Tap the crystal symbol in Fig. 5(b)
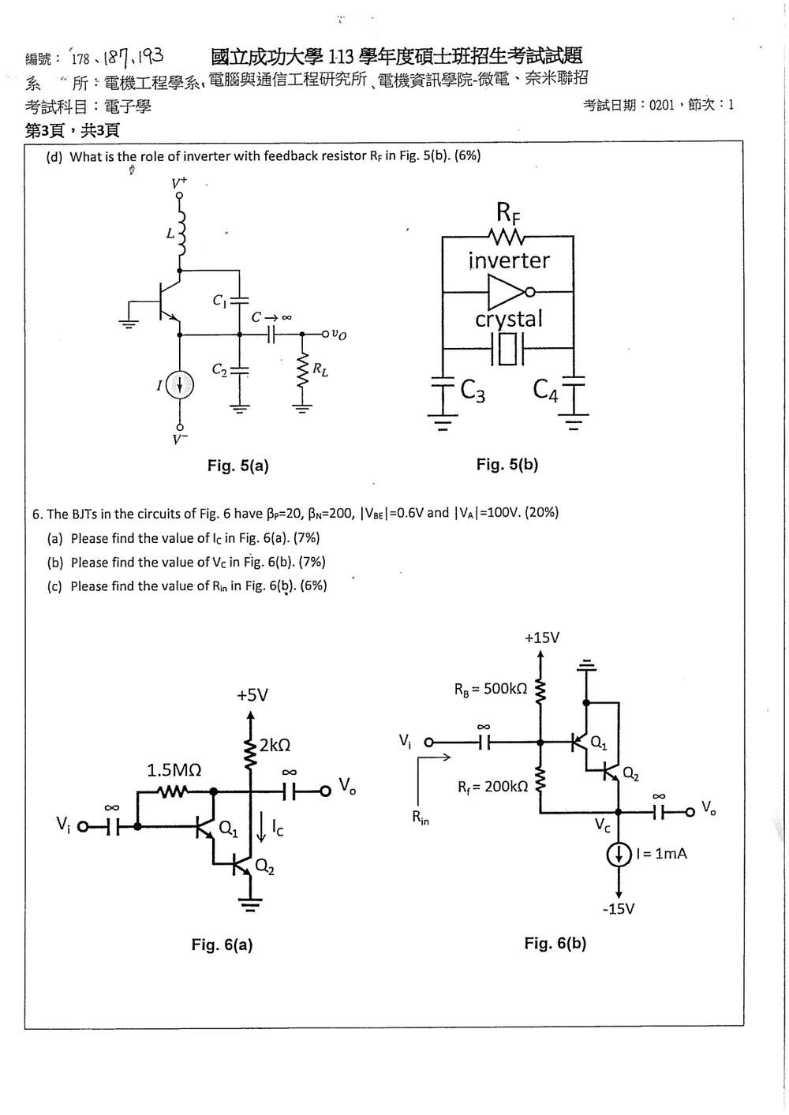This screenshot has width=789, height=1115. [x=507, y=349]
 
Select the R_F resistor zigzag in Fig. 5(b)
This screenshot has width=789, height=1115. [x=507, y=237]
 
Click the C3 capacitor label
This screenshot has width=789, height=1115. [x=473, y=391]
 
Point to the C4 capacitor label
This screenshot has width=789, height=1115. [x=545, y=389]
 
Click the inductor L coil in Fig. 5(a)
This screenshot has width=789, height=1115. [x=181, y=233]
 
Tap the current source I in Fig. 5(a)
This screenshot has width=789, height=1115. [x=180, y=385]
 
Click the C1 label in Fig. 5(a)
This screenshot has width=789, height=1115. [x=219, y=301]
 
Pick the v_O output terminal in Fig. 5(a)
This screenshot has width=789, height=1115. [x=325, y=334]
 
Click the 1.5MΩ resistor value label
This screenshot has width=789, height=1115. [x=174, y=770]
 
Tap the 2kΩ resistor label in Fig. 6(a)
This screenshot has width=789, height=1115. [x=275, y=745]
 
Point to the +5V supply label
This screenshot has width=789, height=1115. [x=252, y=695]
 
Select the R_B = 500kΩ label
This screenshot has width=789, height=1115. [x=490, y=690]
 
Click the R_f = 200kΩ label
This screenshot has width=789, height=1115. [x=493, y=787]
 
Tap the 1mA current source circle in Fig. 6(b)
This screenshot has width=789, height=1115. [x=619, y=855]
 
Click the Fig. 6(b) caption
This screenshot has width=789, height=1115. [x=555, y=943]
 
